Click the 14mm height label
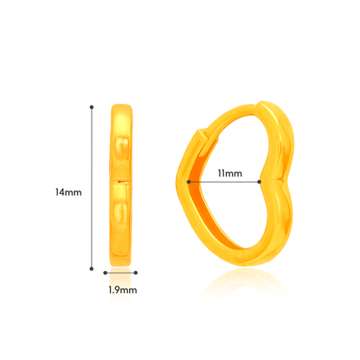click(x=68, y=192)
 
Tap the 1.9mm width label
click(x=124, y=292)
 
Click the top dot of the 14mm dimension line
click(x=91, y=107)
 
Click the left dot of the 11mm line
click(x=188, y=181)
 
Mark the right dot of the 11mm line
click(x=260, y=181)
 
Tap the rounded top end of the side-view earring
click(x=123, y=109)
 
